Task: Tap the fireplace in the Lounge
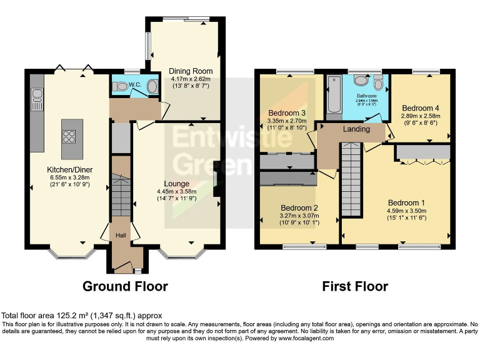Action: coord(216,181)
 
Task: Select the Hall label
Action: coord(121,234)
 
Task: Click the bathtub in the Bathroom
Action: coord(332,97)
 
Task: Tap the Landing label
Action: coord(356,129)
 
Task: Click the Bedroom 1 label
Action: coord(406,202)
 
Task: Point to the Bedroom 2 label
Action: coord(299,208)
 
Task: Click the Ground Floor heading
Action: coord(126,287)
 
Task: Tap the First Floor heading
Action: coord(355,287)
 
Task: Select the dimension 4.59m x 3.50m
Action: coord(407,211)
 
